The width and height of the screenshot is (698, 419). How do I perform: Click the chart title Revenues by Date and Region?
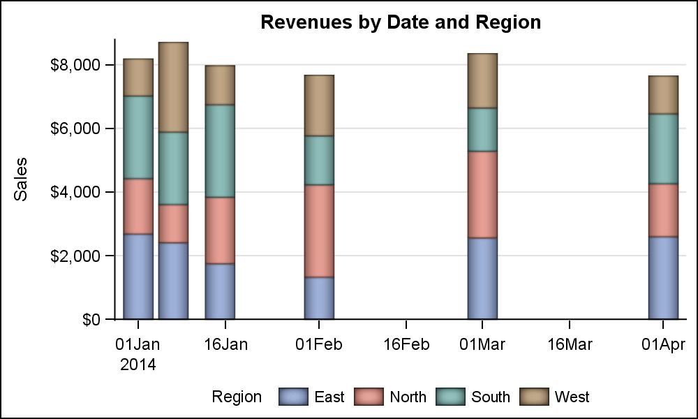[401, 22]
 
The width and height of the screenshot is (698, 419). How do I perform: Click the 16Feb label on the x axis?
[406, 344]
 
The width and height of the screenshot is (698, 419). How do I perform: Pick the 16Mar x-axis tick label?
[570, 344]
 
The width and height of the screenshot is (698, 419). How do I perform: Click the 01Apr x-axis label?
[663, 344]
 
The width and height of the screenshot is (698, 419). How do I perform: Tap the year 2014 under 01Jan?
[138, 365]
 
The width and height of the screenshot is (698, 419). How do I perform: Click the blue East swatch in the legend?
[293, 397]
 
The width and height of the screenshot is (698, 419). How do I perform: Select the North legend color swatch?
[369, 397]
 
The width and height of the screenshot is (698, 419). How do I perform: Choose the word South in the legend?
[491, 397]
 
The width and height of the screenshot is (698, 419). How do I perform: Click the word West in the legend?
[572, 397]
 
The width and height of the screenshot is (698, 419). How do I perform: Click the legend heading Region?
[237, 397]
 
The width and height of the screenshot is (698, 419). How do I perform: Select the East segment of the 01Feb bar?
[319, 298]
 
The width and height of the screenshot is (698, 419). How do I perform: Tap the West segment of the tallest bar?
[173, 87]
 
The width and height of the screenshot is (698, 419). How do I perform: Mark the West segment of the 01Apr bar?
[663, 95]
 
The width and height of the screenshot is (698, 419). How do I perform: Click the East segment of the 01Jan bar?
[138, 277]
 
